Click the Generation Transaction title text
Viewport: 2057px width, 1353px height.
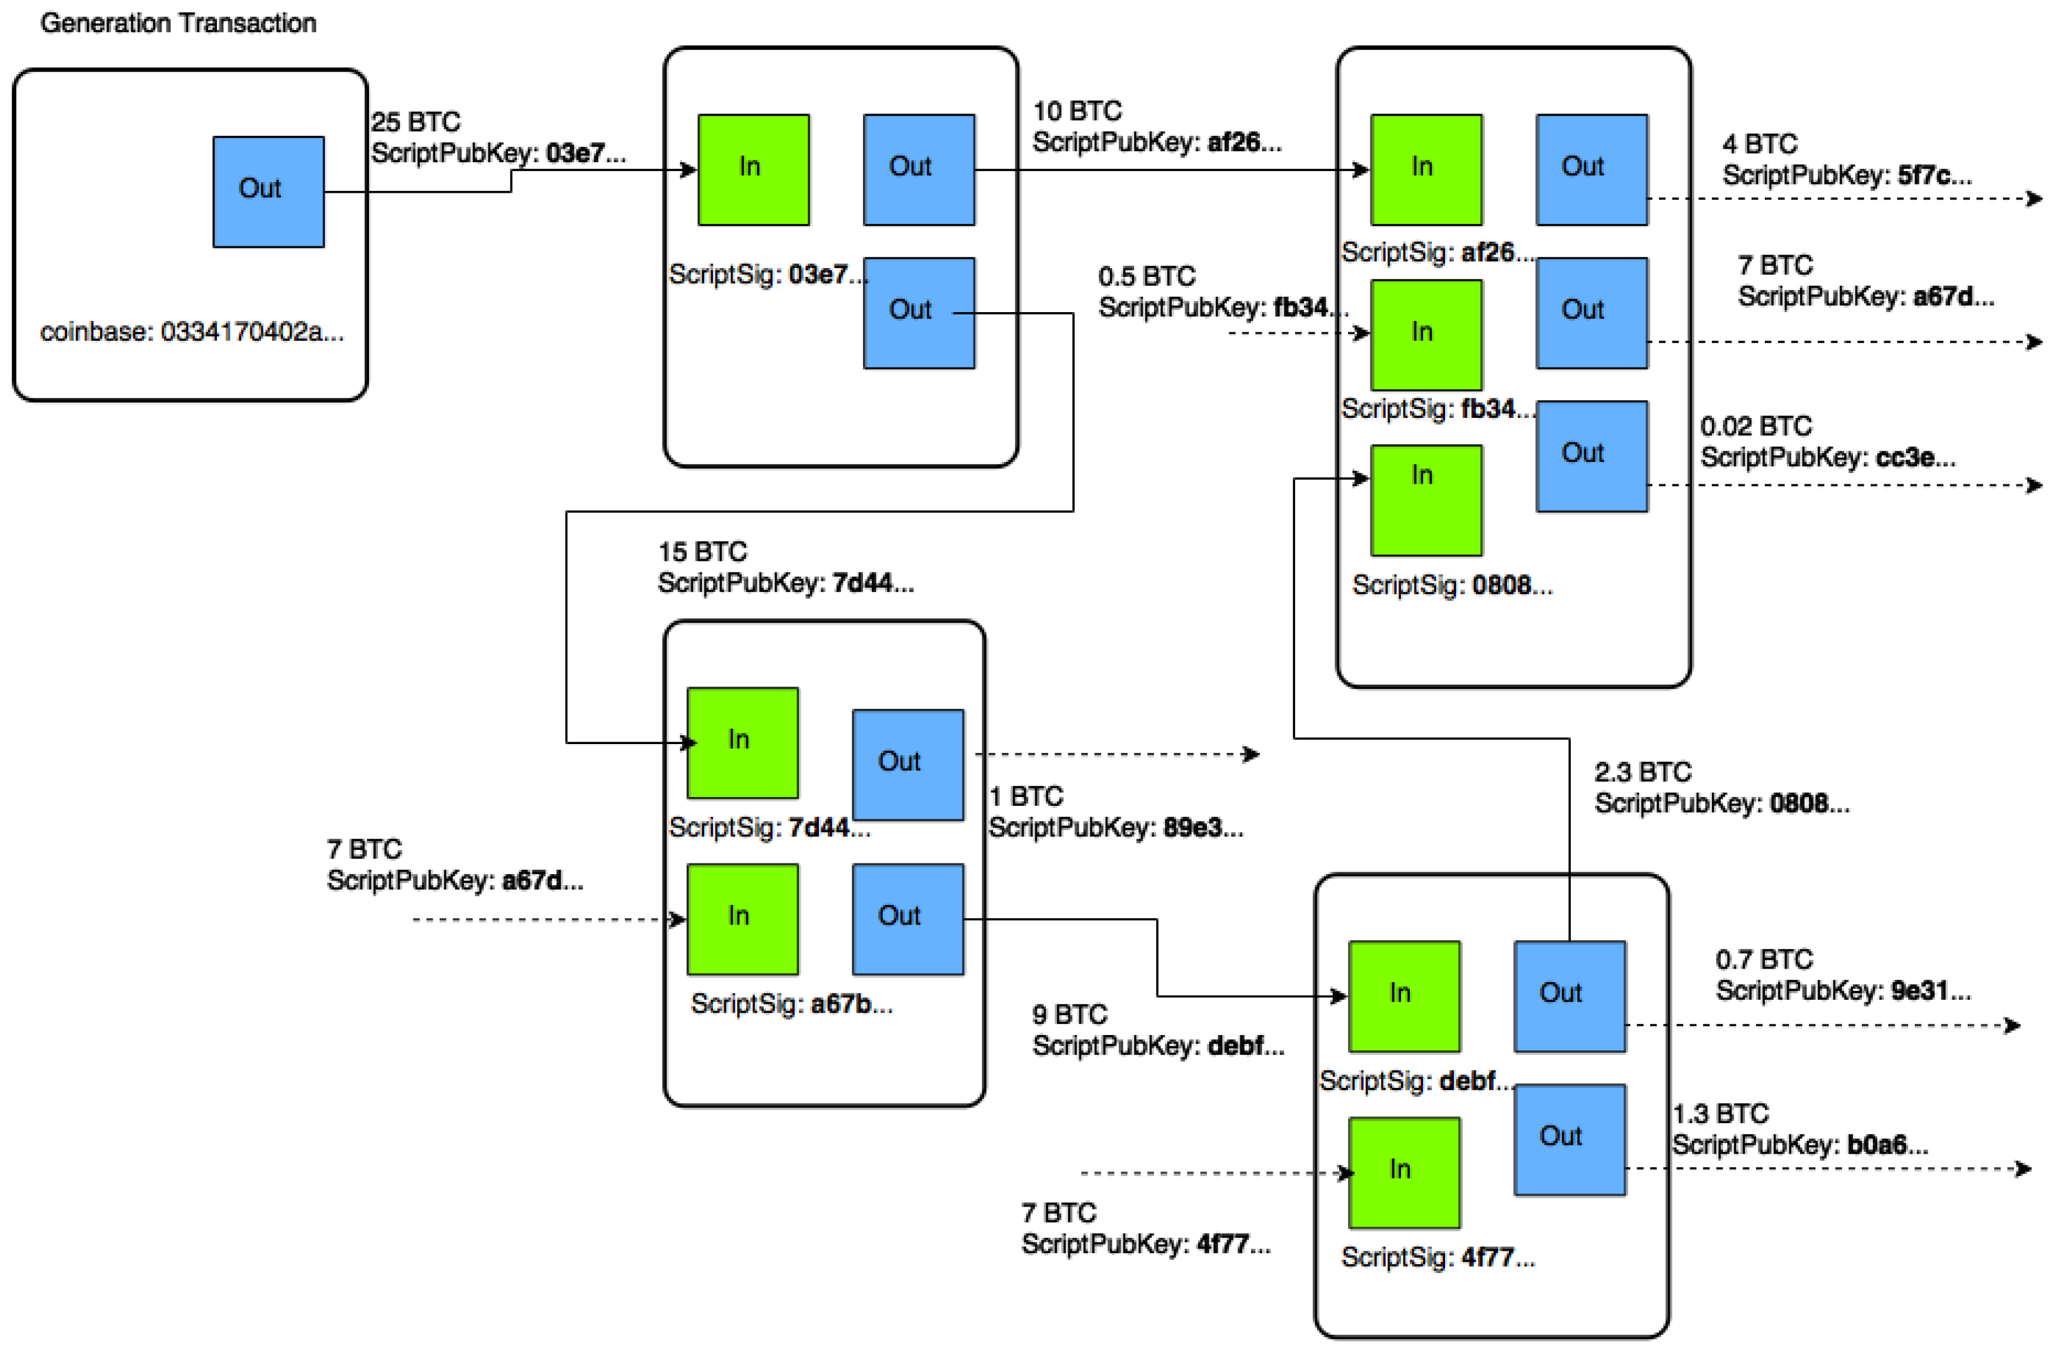click(178, 24)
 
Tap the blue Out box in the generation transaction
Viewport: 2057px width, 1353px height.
click(269, 191)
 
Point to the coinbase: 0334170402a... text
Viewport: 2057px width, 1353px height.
click(192, 331)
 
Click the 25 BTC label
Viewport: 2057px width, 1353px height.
click(416, 122)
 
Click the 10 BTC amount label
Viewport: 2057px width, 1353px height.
click(1077, 112)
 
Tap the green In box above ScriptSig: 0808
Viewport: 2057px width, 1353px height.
click(1426, 500)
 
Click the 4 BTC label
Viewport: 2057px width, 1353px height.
click(1759, 143)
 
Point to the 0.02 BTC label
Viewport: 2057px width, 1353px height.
click(1755, 426)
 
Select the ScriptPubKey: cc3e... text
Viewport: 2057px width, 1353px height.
click(1827, 457)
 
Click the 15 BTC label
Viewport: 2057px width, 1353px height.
click(702, 551)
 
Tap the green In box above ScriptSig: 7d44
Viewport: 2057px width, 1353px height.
click(742, 742)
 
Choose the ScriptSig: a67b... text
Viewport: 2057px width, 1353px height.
click(791, 1004)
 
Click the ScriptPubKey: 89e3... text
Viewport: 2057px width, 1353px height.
click(1115, 828)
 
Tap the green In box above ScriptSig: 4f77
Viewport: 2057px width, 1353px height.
click(1404, 1173)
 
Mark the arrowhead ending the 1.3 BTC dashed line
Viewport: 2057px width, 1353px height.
click(2022, 1169)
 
